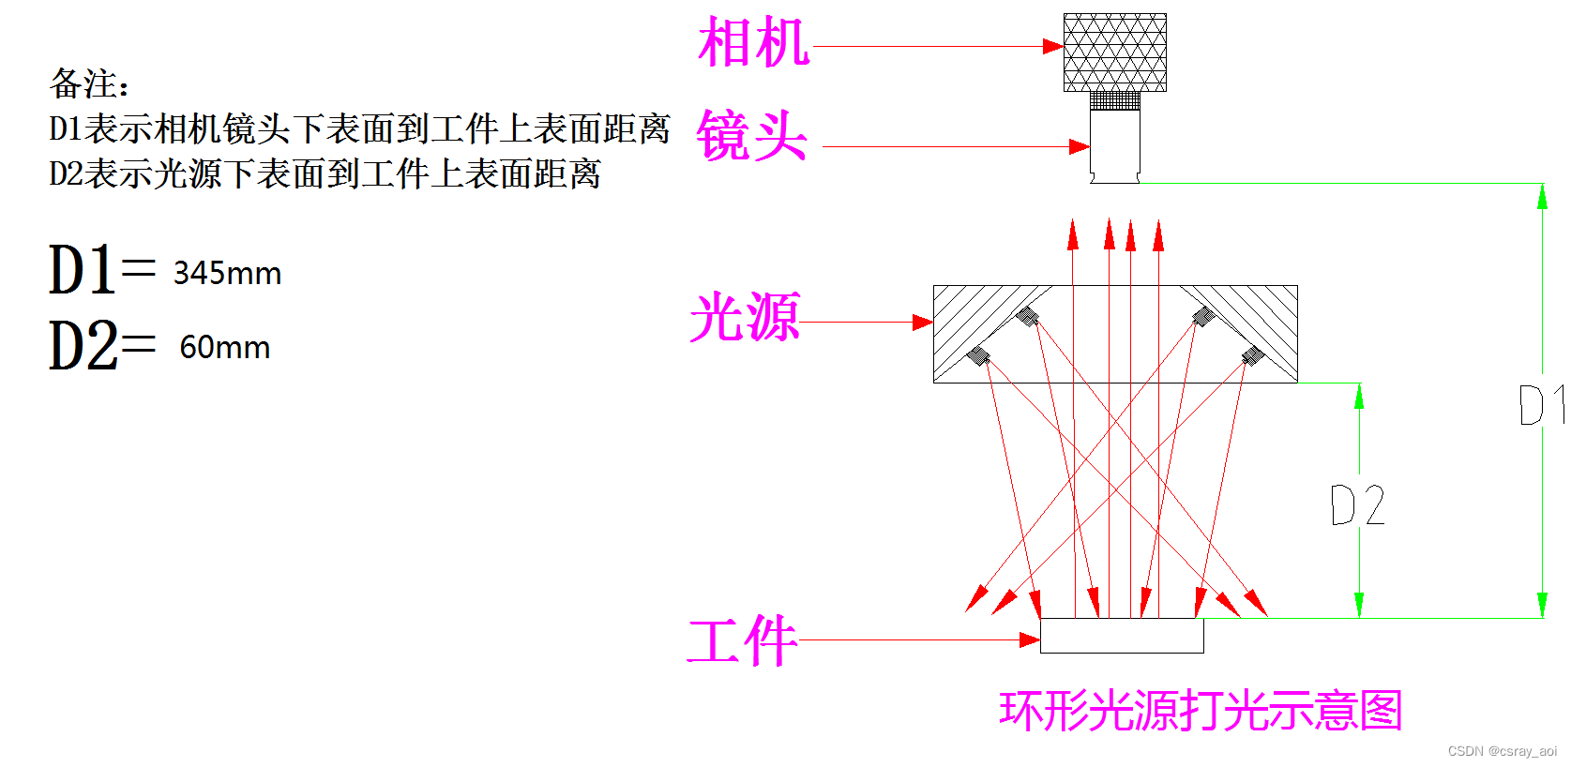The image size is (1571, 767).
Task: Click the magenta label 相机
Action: pyautogui.click(x=753, y=43)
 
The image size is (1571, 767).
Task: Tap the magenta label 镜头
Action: pyautogui.click(x=751, y=136)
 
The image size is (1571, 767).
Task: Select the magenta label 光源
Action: pyautogui.click(x=745, y=317)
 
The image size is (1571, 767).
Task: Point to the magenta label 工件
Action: pyautogui.click(x=742, y=641)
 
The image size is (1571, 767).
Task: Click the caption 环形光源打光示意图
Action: pyautogui.click(x=1200, y=711)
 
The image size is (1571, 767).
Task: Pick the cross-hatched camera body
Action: pyautogui.click(x=1114, y=53)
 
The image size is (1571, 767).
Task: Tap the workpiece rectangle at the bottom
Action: pyautogui.click(x=1122, y=636)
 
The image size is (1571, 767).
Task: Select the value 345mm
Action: pyautogui.click(x=227, y=274)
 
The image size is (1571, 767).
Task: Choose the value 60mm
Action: pyautogui.click(x=225, y=348)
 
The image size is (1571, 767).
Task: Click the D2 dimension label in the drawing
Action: pyautogui.click(x=1357, y=505)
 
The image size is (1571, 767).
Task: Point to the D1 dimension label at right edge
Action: pyautogui.click(x=1541, y=406)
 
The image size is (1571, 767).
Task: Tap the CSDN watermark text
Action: pyautogui.click(x=1502, y=751)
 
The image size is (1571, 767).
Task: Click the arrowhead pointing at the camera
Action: pyautogui.click(x=1053, y=46)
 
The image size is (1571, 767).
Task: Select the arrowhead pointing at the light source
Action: pyautogui.click(x=923, y=323)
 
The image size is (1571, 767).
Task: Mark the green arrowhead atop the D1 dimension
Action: pyautogui.click(x=1542, y=196)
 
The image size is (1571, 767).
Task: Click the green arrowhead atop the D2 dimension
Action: pyautogui.click(x=1359, y=396)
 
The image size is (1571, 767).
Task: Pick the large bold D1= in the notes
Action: pyautogui.click(x=101, y=270)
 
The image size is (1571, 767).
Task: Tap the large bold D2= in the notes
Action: pyautogui.click(x=101, y=345)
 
